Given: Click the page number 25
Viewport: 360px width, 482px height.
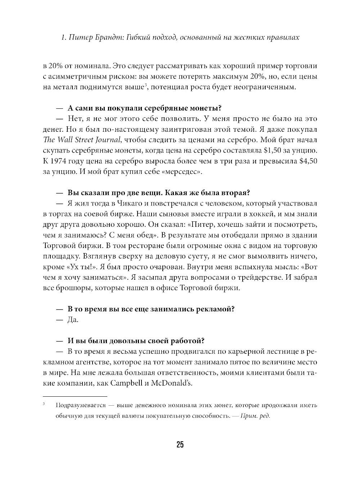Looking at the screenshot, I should click(x=180, y=445).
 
